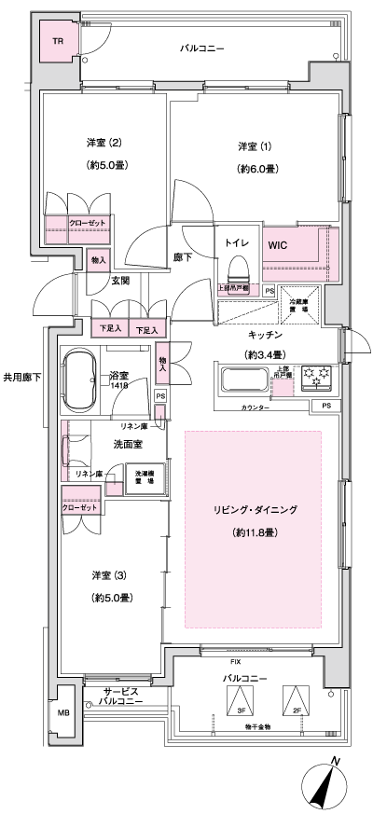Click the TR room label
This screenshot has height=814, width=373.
click(57, 42)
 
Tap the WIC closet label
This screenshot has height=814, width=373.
click(277, 245)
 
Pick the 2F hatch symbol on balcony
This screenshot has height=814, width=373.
click(295, 699)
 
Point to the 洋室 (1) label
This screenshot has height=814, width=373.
click(251, 146)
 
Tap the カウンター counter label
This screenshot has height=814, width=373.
click(256, 408)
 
